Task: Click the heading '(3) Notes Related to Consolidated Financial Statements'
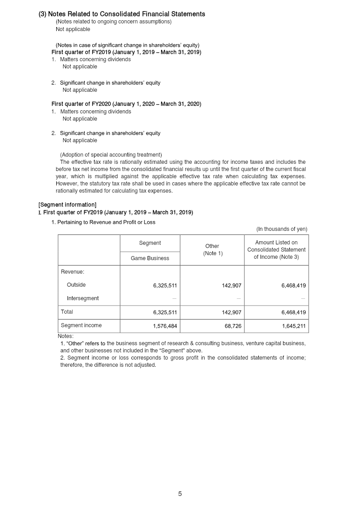[x=121, y=14]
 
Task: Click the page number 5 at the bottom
[x=180, y=494]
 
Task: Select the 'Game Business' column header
[x=150, y=258]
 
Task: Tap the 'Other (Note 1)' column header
[x=212, y=250]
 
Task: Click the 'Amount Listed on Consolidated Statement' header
[x=276, y=250]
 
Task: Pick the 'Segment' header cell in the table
[x=150, y=243]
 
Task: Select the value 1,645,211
[x=294, y=325]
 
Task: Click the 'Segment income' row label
[x=81, y=325]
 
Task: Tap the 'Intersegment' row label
[x=83, y=298]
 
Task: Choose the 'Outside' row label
[x=76, y=285]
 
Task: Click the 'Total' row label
[x=67, y=312]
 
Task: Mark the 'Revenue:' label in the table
[x=72, y=271]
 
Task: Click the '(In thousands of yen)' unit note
[x=282, y=229]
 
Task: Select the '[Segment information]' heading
[x=67, y=205]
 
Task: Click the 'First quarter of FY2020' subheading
[x=126, y=104]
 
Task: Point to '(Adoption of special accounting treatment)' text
[x=111, y=155]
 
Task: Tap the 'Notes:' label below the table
[x=66, y=336]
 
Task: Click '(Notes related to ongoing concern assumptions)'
[x=113, y=22]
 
